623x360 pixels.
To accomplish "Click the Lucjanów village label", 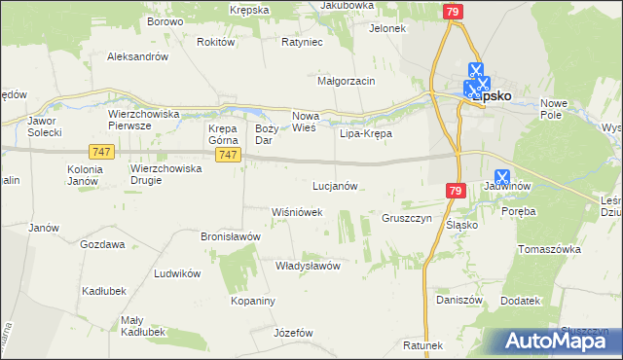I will click(336, 185).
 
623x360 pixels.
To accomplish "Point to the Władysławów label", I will click(307, 265).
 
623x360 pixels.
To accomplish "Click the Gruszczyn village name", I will click(407, 218).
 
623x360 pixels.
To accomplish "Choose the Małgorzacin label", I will click(347, 81).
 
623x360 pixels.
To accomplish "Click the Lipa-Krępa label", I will click(365, 132).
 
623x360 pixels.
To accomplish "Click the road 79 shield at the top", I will click(452, 12).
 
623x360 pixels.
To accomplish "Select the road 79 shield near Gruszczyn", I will click(457, 192).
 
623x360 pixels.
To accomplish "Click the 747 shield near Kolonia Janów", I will click(100, 152).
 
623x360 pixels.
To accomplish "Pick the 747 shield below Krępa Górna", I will click(229, 156).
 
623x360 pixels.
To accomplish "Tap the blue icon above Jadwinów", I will click(502, 177).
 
